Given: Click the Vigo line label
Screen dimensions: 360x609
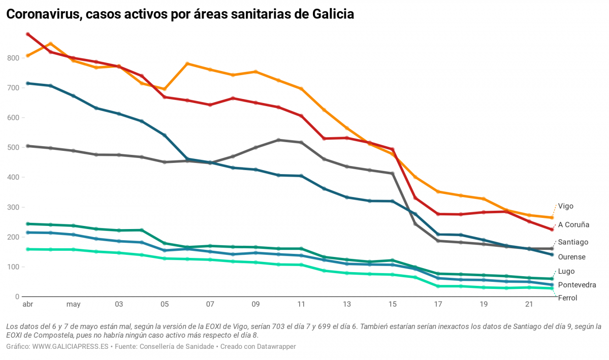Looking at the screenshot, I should click(566, 206).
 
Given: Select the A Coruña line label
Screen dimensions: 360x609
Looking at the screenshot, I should click(573, 224).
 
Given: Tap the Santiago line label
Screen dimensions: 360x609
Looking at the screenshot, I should click(573, 242).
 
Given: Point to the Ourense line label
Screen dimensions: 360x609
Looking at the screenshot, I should click(571, 257).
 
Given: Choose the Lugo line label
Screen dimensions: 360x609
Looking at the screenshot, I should click(566, 271).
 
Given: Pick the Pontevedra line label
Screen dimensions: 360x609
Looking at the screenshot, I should click(577, 285).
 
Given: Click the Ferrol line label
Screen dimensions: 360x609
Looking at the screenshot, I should click(567, 298).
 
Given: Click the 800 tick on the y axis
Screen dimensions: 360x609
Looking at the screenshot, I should click(13, 58).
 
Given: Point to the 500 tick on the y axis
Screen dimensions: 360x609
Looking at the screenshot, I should click(13, 148).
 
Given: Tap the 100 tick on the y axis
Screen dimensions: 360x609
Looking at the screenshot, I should click(13, 267).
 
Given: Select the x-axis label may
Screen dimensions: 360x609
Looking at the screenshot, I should click(73, 305).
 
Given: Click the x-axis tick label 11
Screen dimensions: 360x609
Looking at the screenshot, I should click(301, 305).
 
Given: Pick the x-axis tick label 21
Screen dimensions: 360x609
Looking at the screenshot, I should click(529, 305).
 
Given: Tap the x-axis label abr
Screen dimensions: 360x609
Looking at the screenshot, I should click(27, 305).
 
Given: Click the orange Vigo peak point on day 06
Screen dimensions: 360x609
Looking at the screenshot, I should click(187, 63).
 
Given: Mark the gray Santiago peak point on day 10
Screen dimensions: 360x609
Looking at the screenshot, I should click(278, 140).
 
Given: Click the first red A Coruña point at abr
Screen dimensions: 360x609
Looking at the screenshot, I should click(28, 34).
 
